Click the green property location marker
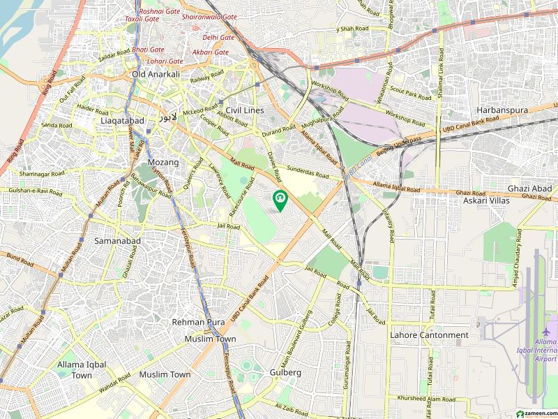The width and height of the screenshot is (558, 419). [280, 200]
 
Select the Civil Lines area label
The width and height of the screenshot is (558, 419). [244, 110]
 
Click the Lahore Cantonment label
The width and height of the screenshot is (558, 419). [429, 335]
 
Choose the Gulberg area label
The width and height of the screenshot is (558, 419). [285, 373]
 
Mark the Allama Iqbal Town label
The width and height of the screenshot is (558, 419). [82, 370]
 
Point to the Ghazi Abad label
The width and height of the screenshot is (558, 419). [529, 189]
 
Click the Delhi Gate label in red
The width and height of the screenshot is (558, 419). [218, 37]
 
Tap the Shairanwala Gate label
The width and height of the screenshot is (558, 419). [209, 17]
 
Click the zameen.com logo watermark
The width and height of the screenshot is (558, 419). [534, 411]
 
